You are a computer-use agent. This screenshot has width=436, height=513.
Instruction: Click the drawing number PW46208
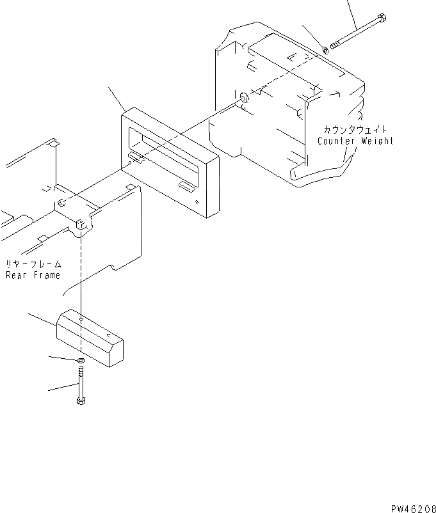414,508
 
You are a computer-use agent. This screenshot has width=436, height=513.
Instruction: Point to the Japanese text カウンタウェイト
356,130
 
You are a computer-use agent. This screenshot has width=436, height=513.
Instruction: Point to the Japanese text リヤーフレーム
34,264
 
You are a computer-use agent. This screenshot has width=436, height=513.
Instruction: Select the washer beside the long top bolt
326,49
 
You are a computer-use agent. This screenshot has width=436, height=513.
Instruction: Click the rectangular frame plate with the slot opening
170,163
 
